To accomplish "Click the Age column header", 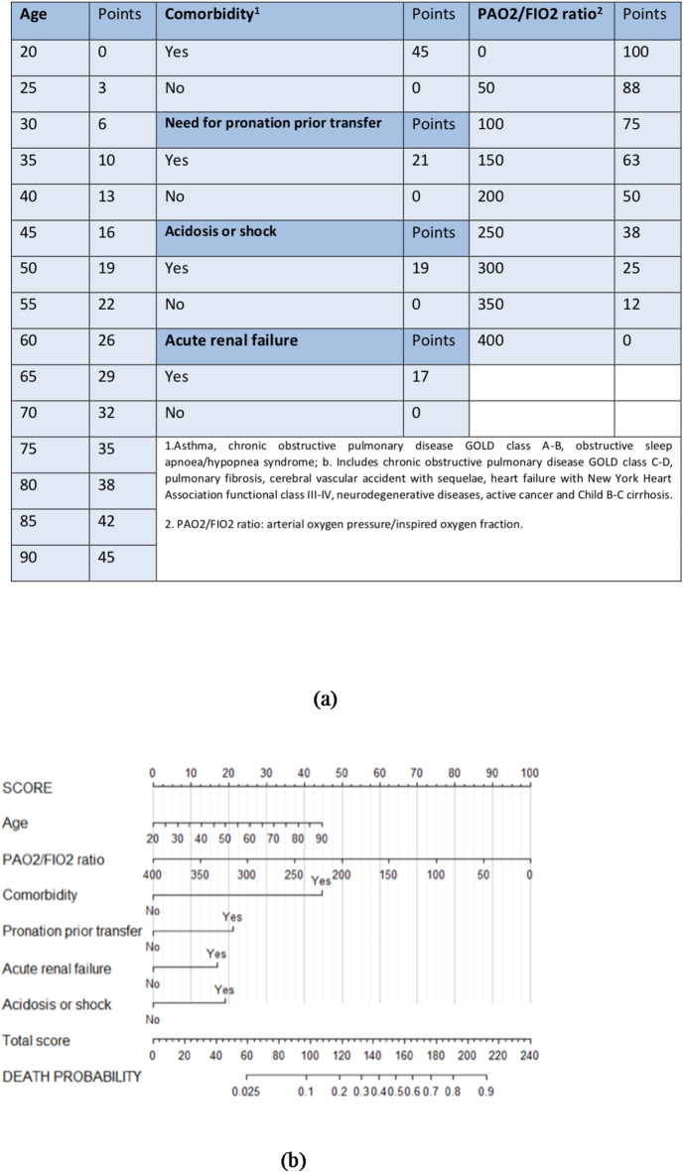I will [34, 17].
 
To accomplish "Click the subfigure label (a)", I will [326, 699].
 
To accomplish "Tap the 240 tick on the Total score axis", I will [530, 1055].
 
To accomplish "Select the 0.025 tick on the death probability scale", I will [246, 1092].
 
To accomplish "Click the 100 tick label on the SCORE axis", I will [530, 773].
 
